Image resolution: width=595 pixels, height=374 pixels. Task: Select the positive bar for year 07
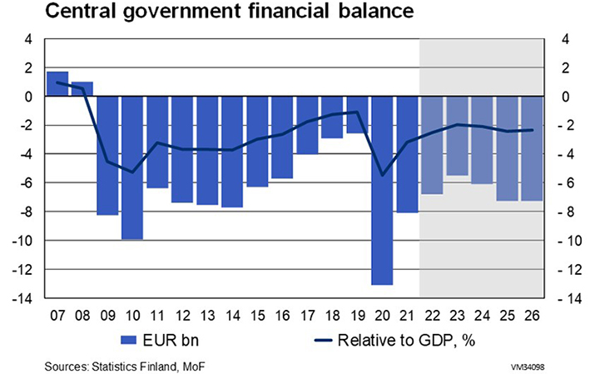point(57,84)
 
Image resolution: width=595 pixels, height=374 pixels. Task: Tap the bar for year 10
point(132,167)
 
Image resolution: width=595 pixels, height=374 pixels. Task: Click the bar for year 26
point(532,148)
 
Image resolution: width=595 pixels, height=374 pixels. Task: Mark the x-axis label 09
point(107,316)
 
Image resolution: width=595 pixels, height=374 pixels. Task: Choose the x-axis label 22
point(432,316)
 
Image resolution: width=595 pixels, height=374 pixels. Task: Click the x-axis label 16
point(282,316)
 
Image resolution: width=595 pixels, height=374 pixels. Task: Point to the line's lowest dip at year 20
point(382,175)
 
